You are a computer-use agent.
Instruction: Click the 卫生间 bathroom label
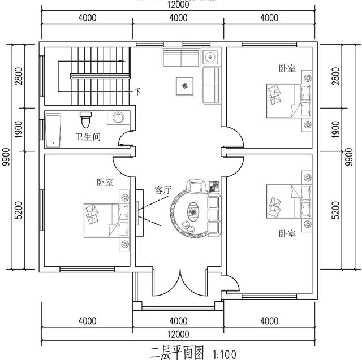pos(88,136)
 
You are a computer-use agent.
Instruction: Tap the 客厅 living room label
pos(162,190)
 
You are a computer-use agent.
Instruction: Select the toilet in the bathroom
pos(85,120)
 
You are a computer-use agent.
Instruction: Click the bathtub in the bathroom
pos(53,129)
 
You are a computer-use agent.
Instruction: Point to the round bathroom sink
pos(119,118)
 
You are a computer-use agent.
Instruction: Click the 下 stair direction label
pos(137,90)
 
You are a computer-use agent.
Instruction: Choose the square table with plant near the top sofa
pos(186,86)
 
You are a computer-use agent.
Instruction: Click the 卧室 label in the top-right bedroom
pos(287,68)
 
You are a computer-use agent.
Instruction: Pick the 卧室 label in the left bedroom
pos(104,183)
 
